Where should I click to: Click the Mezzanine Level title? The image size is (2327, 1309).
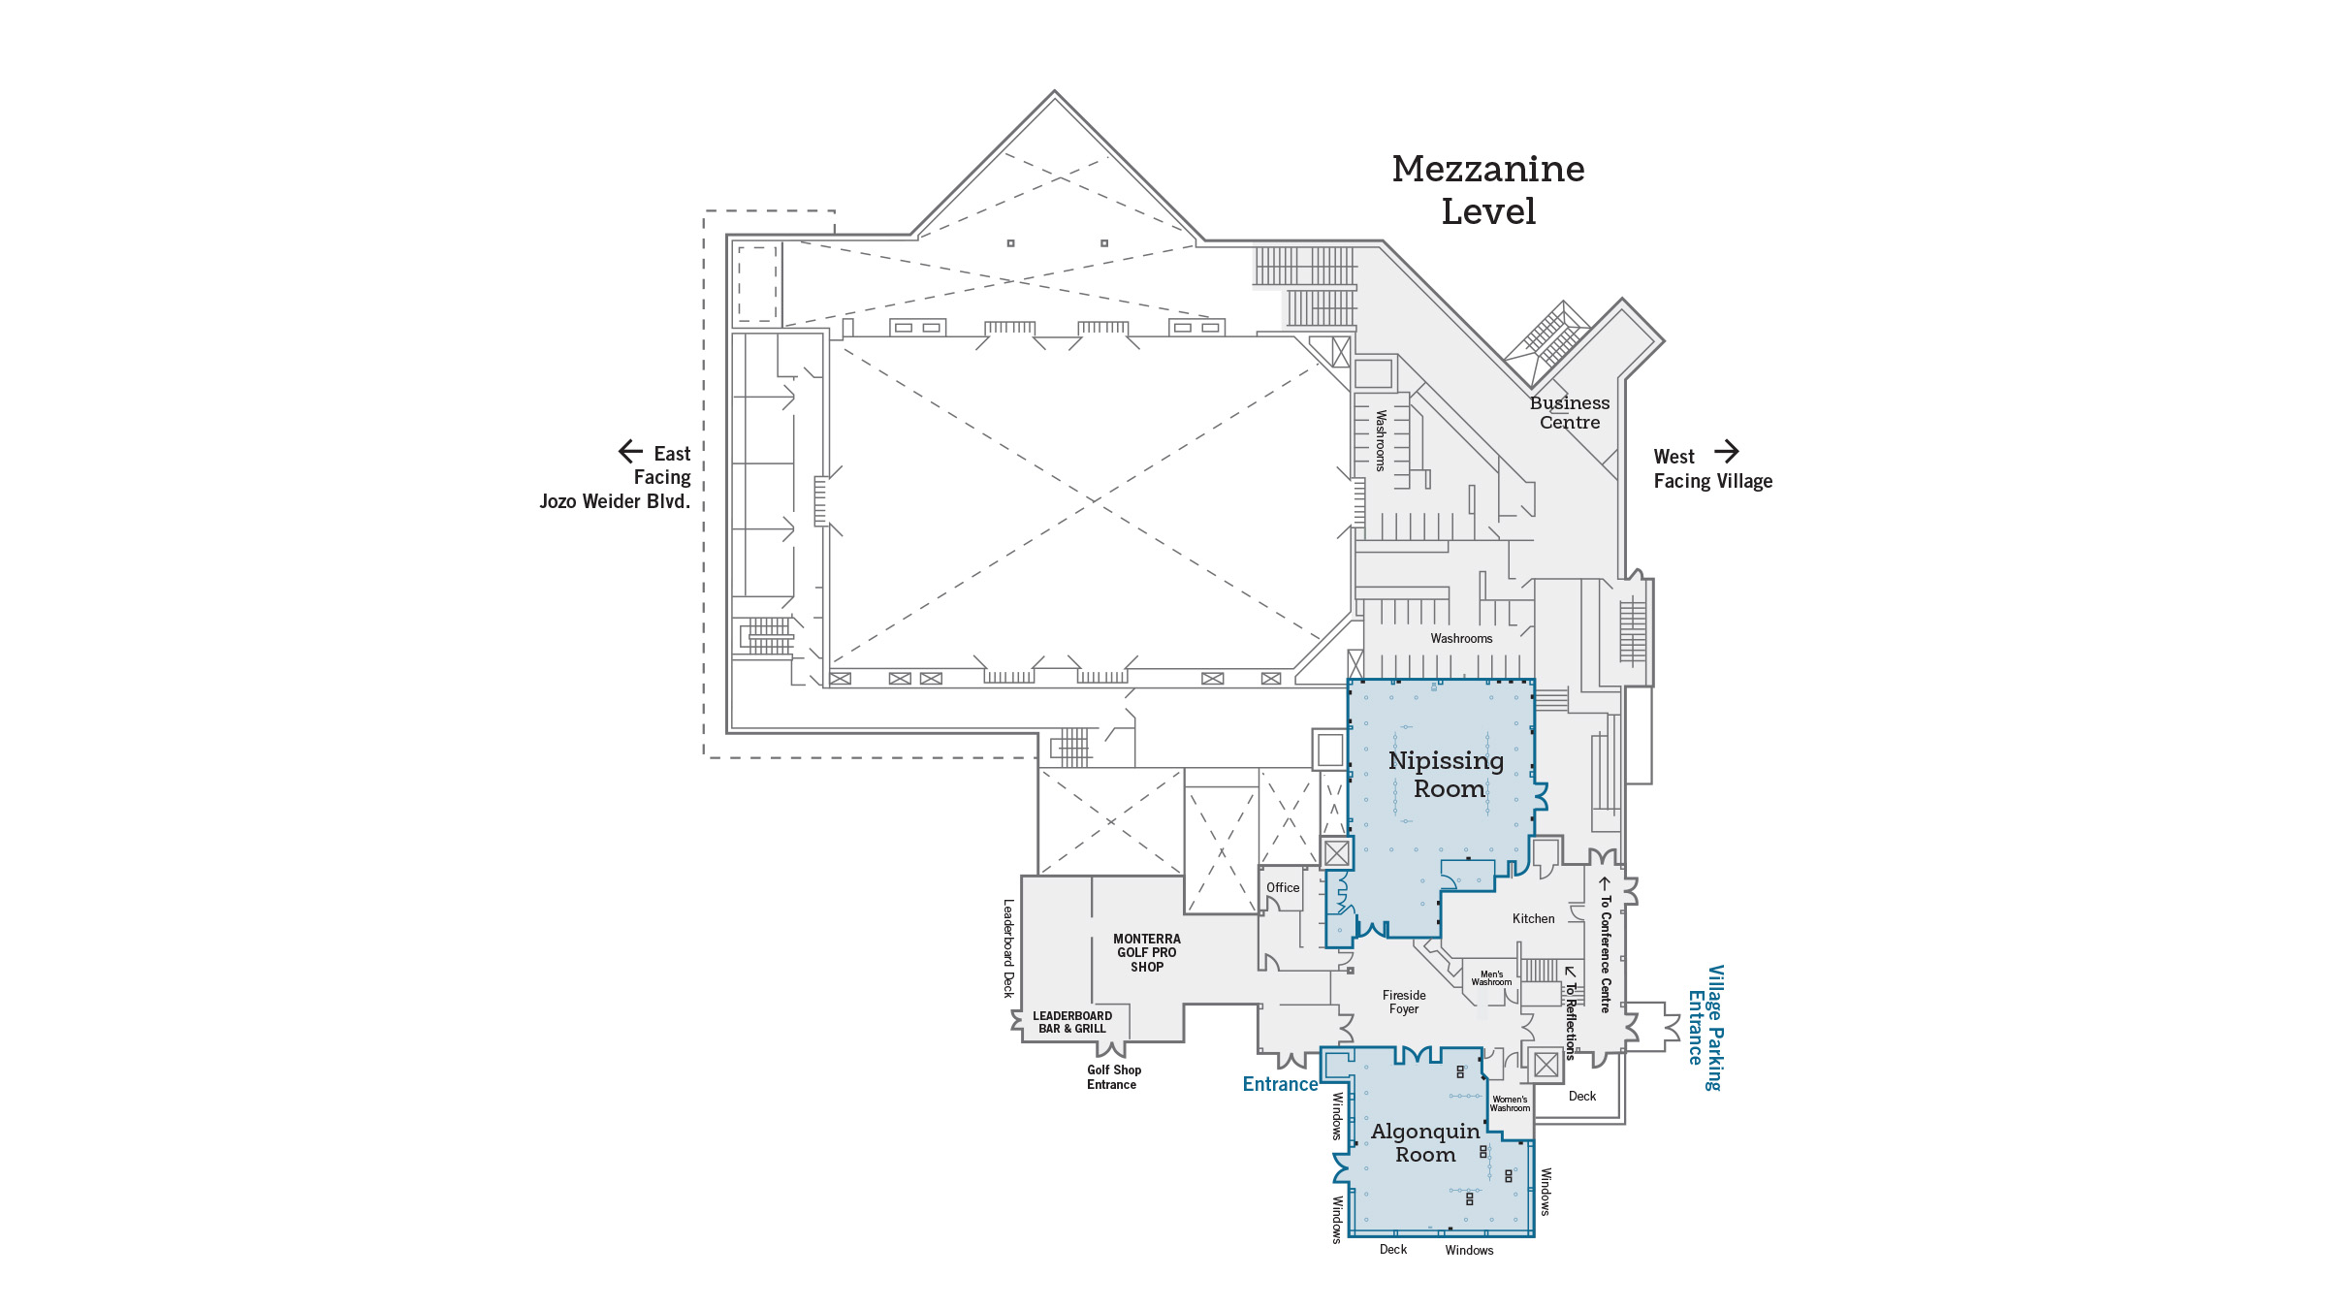(1488, 190)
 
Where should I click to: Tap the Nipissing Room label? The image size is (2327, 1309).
(1447, 775)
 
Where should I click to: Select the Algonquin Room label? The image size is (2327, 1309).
(1425, 1143)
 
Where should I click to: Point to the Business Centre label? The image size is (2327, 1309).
(1570, 412)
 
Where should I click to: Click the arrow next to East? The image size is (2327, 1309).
(630, 452)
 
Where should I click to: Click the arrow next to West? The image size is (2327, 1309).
(1727, 452)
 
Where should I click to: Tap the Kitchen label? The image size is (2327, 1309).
(1533, 918)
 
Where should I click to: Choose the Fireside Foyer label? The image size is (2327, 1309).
(1404, 1002)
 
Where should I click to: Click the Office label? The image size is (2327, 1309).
(1283, 887)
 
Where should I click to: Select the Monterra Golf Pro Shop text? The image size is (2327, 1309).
(1147, 952)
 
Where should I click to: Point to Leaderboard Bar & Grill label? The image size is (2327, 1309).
(1072, 1022)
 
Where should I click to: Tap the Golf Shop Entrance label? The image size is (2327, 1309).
(1113, 1077)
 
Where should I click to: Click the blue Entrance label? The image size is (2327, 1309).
(1280, 1084)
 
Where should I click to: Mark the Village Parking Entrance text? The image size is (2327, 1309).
(1705, 1028)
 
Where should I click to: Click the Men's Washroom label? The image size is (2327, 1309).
(1491, 978)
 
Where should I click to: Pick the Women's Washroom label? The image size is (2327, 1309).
(1510, 1103)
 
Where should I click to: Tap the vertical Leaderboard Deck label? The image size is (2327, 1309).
(1008, 948)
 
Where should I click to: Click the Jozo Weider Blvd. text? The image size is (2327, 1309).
(615, 501)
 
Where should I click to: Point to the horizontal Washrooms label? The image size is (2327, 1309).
(1461, 638)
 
